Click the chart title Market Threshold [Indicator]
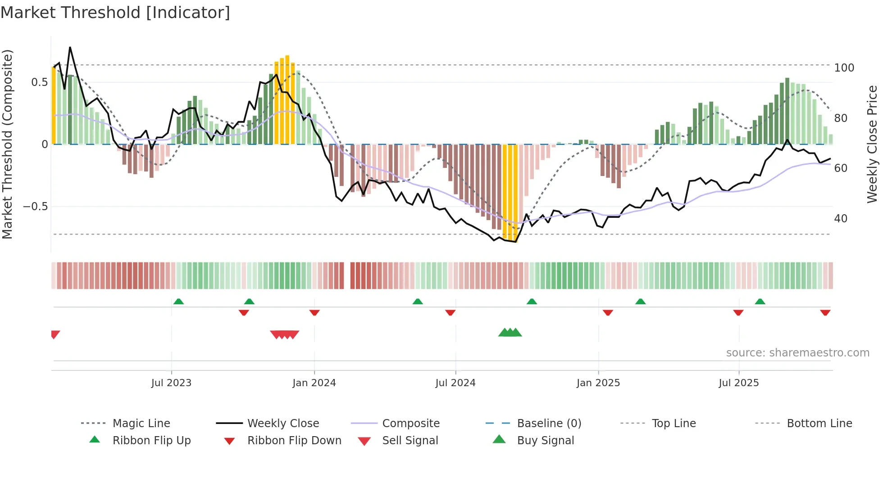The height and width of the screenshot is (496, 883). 115,13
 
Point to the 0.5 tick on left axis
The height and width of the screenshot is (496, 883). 39,82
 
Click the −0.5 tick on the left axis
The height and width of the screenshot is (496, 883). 35,207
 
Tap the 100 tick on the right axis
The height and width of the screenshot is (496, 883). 844,68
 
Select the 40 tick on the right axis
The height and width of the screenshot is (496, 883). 841,219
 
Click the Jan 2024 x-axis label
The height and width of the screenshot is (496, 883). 314,383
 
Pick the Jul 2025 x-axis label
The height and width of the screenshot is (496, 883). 738,383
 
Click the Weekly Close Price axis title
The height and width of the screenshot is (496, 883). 872,144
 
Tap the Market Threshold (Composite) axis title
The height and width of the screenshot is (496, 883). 7,144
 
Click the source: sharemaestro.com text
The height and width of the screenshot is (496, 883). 797,353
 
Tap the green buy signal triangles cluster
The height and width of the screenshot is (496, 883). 510,333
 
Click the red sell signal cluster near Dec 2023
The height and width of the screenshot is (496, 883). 285,334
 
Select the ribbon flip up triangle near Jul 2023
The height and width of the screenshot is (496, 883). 178,302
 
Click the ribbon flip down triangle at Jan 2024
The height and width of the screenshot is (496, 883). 314,312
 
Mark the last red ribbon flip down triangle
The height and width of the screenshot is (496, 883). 825,312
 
